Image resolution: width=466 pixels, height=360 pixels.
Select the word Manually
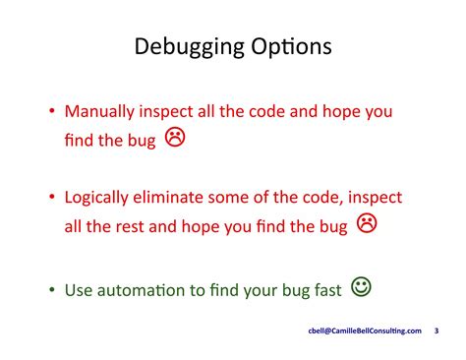(102, 112)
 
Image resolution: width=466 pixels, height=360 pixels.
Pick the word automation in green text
(145, 290)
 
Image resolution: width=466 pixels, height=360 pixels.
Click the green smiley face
(361, 287)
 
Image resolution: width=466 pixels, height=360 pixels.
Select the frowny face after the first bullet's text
(174, 138)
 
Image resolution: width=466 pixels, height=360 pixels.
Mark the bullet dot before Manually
(52, 113)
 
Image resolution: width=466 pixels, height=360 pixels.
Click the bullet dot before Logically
(52, 199)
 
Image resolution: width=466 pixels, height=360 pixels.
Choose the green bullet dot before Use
(52, 291)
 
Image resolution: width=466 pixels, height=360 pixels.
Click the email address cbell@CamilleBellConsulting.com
(365, 331)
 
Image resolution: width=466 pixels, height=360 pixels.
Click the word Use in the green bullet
(79, 290)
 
